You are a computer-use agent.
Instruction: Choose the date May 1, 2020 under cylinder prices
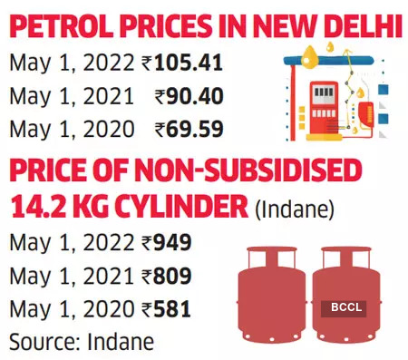point(58,308)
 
